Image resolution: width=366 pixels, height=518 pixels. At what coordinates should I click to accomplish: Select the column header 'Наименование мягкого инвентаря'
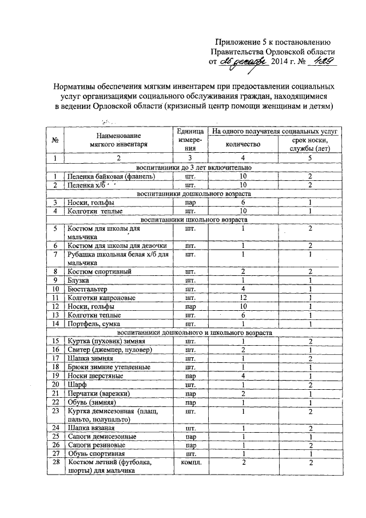point(118,140)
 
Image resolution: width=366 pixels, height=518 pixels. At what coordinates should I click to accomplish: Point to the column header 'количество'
point(243,145)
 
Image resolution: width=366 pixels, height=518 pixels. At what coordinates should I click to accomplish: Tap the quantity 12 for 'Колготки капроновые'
point(243,298)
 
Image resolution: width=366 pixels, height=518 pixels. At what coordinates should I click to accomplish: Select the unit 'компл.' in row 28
point(190,462)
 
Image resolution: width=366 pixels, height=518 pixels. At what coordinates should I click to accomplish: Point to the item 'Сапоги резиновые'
point(94,445)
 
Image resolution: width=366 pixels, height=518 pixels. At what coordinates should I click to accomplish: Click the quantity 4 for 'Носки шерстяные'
point(243,375)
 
